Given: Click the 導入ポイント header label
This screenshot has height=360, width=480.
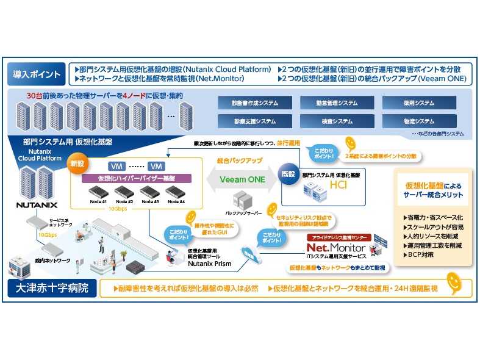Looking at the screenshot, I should (x=37, y=75).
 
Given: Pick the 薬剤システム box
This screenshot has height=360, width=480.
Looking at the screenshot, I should (x=419, y=103).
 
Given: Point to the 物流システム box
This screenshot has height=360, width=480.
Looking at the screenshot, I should (x=419, y=121).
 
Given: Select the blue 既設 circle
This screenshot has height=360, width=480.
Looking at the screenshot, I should (x=288, y=173).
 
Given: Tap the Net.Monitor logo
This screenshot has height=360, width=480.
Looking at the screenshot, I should (x=335, y=248).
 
